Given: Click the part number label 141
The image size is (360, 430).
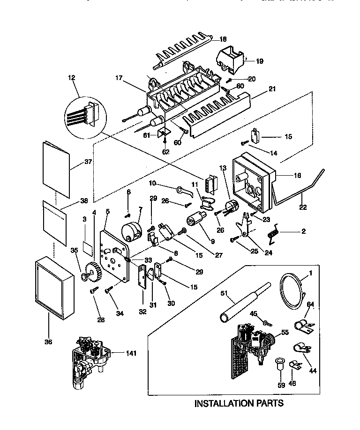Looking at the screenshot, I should coord(132,353).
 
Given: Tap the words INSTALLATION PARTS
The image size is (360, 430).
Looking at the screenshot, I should coord(239,402).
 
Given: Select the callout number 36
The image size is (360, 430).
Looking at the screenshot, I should coord(48,341).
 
